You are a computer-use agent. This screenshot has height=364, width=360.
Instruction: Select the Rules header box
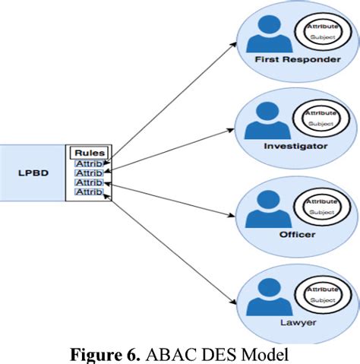[90, 152]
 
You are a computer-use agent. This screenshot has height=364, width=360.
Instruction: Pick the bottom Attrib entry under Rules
[88, 192]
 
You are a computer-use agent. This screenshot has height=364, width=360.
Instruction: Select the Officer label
[297, 234]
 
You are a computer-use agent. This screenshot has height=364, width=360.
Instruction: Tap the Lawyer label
[297, 323]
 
